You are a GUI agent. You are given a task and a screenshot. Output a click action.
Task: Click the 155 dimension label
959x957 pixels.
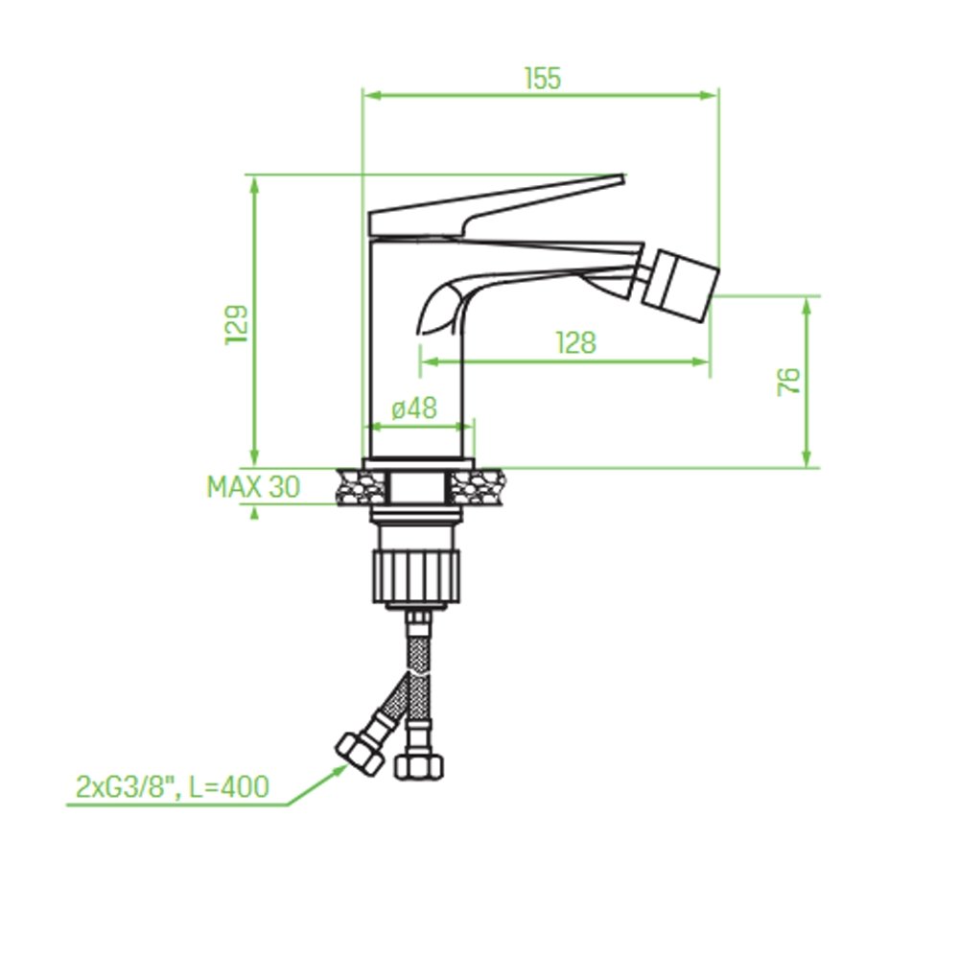[x=543, y=79]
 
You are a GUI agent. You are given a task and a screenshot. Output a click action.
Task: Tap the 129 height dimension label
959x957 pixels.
[x=237, y=324]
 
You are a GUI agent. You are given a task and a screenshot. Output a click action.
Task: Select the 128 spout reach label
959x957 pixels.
[x=575, y=342]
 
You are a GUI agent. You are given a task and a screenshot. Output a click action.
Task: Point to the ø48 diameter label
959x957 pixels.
[x=414, y=408]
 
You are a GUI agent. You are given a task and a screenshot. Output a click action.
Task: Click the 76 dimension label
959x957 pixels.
[x=789, y=381]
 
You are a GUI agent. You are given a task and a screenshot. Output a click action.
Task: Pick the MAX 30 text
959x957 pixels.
[x=254, y=487]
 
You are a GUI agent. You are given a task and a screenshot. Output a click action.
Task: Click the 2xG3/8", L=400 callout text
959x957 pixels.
[x=173, y=786]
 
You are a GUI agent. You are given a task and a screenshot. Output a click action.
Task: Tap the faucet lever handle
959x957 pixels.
[x=496, y=205]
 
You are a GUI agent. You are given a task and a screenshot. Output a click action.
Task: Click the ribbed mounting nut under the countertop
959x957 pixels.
[x=416, y=576]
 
